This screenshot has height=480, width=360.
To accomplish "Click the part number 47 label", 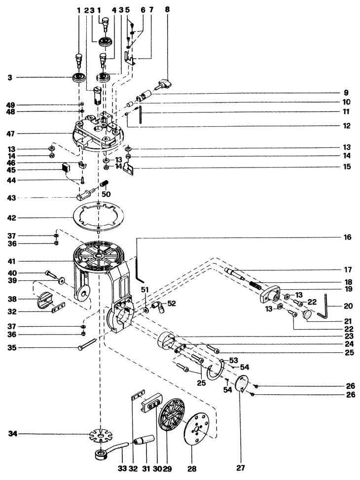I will tap(12, 134).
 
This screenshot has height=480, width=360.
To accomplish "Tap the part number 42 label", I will tap(12, 217).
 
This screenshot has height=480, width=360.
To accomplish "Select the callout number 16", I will tap(348, 238).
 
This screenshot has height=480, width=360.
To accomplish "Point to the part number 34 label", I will tap(12, 434).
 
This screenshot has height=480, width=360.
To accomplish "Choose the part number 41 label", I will tap(12, 261).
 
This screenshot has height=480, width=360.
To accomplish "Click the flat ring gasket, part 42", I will tap(99, 217).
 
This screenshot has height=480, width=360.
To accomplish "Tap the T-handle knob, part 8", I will tap(162, 85).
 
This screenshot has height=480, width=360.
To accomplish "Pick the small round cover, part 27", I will tap(242, 383).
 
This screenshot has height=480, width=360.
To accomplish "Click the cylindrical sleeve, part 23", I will tap(168, 342).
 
